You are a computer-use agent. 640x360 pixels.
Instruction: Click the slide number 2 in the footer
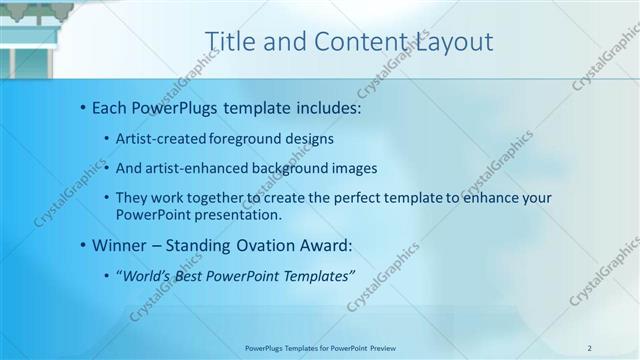(590, 348)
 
